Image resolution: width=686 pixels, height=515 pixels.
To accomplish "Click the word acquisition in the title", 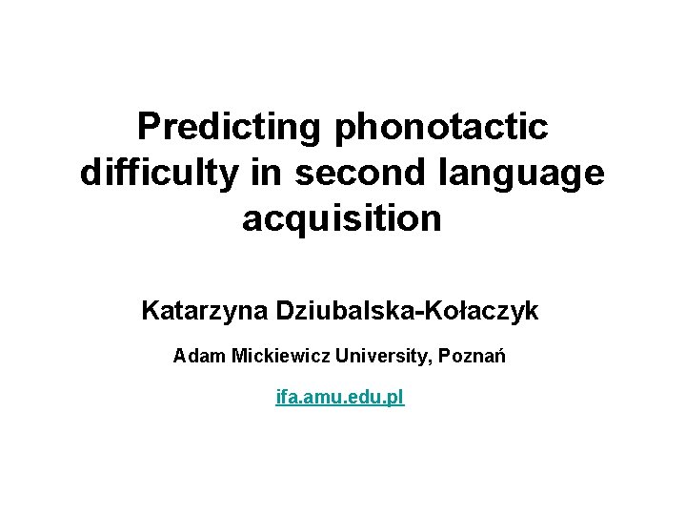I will click(x=342, y=218).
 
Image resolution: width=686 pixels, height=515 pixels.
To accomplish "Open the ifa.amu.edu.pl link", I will click(x=340, y=397).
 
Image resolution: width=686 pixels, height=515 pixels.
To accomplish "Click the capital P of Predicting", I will click(x=148, y=126).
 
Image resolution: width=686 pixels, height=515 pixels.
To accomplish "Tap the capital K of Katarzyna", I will click(x=151, y=311).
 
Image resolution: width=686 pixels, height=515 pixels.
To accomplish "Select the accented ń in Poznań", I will click(x=499, y=358).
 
